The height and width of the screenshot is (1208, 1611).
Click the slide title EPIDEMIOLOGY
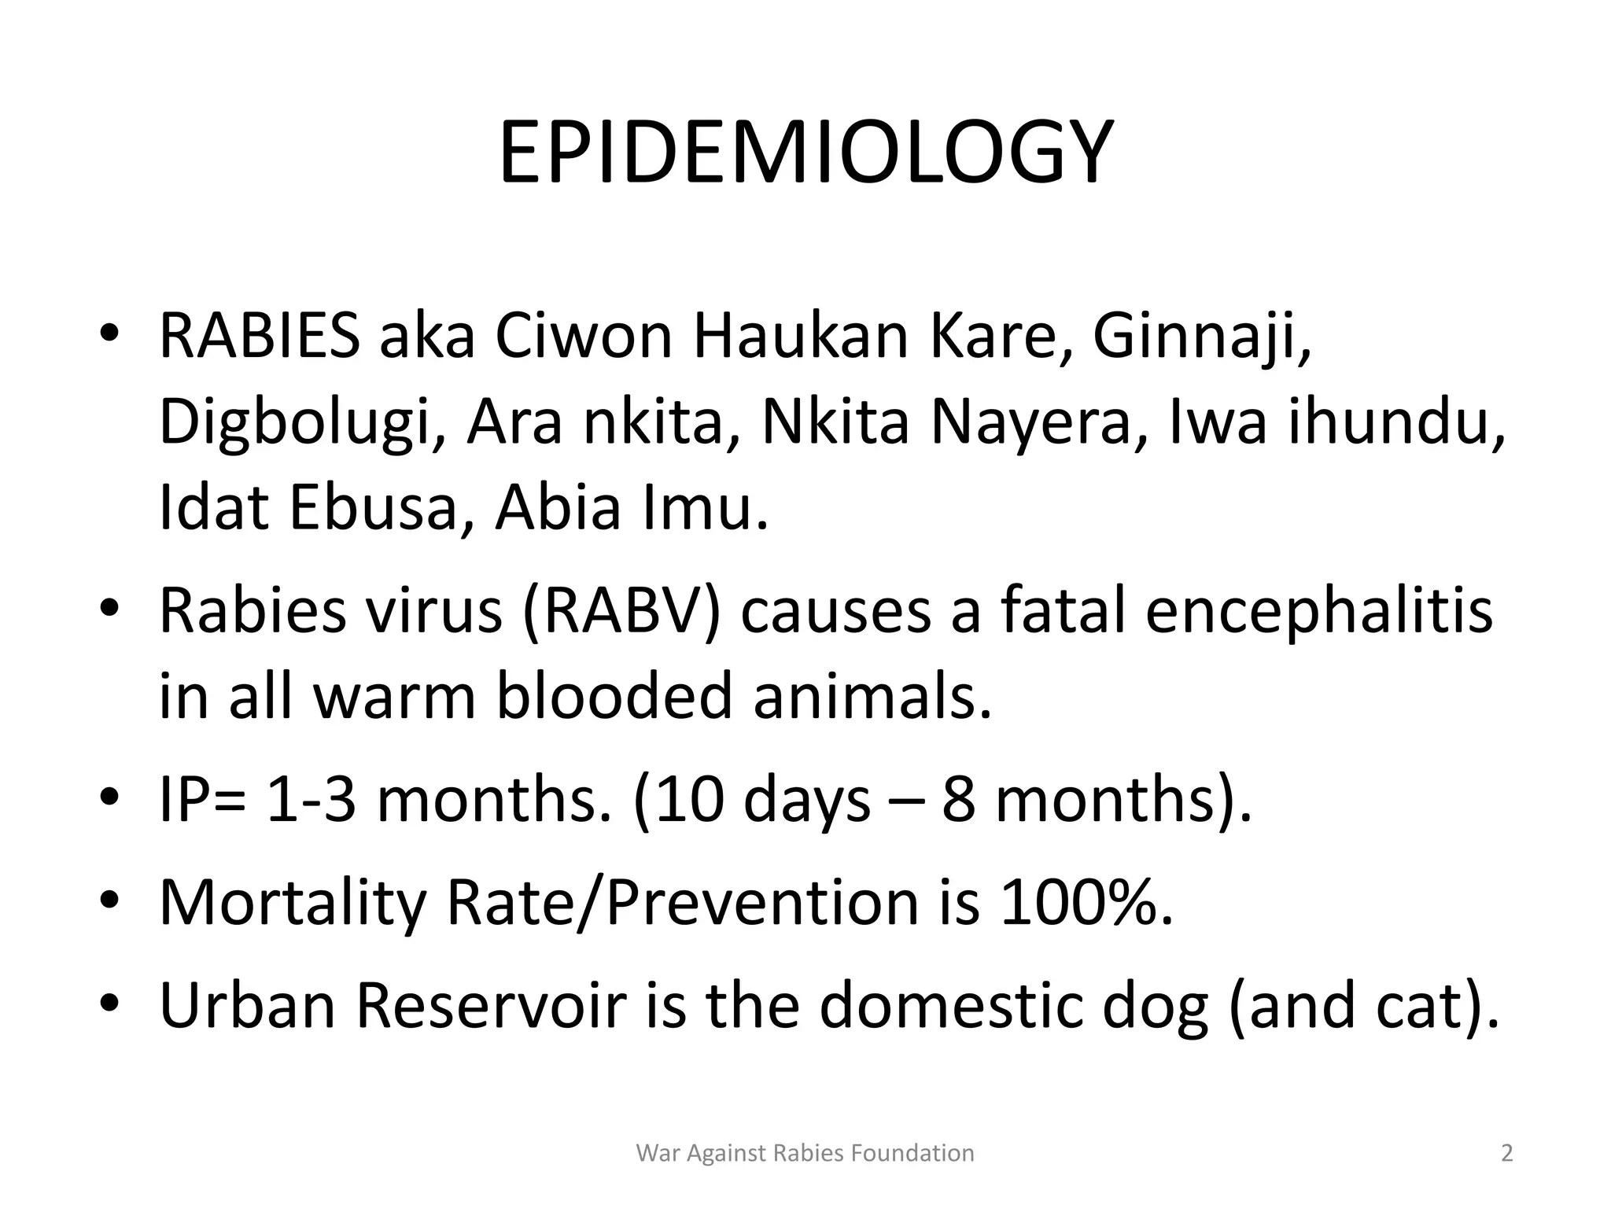coord(805,153)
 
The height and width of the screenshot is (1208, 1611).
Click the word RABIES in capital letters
coord(260,337)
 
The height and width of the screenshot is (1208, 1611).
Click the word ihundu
coord(1396,422)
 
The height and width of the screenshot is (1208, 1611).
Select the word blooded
coord(614,696)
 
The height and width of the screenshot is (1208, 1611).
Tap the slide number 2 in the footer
coord(1506,1153)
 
